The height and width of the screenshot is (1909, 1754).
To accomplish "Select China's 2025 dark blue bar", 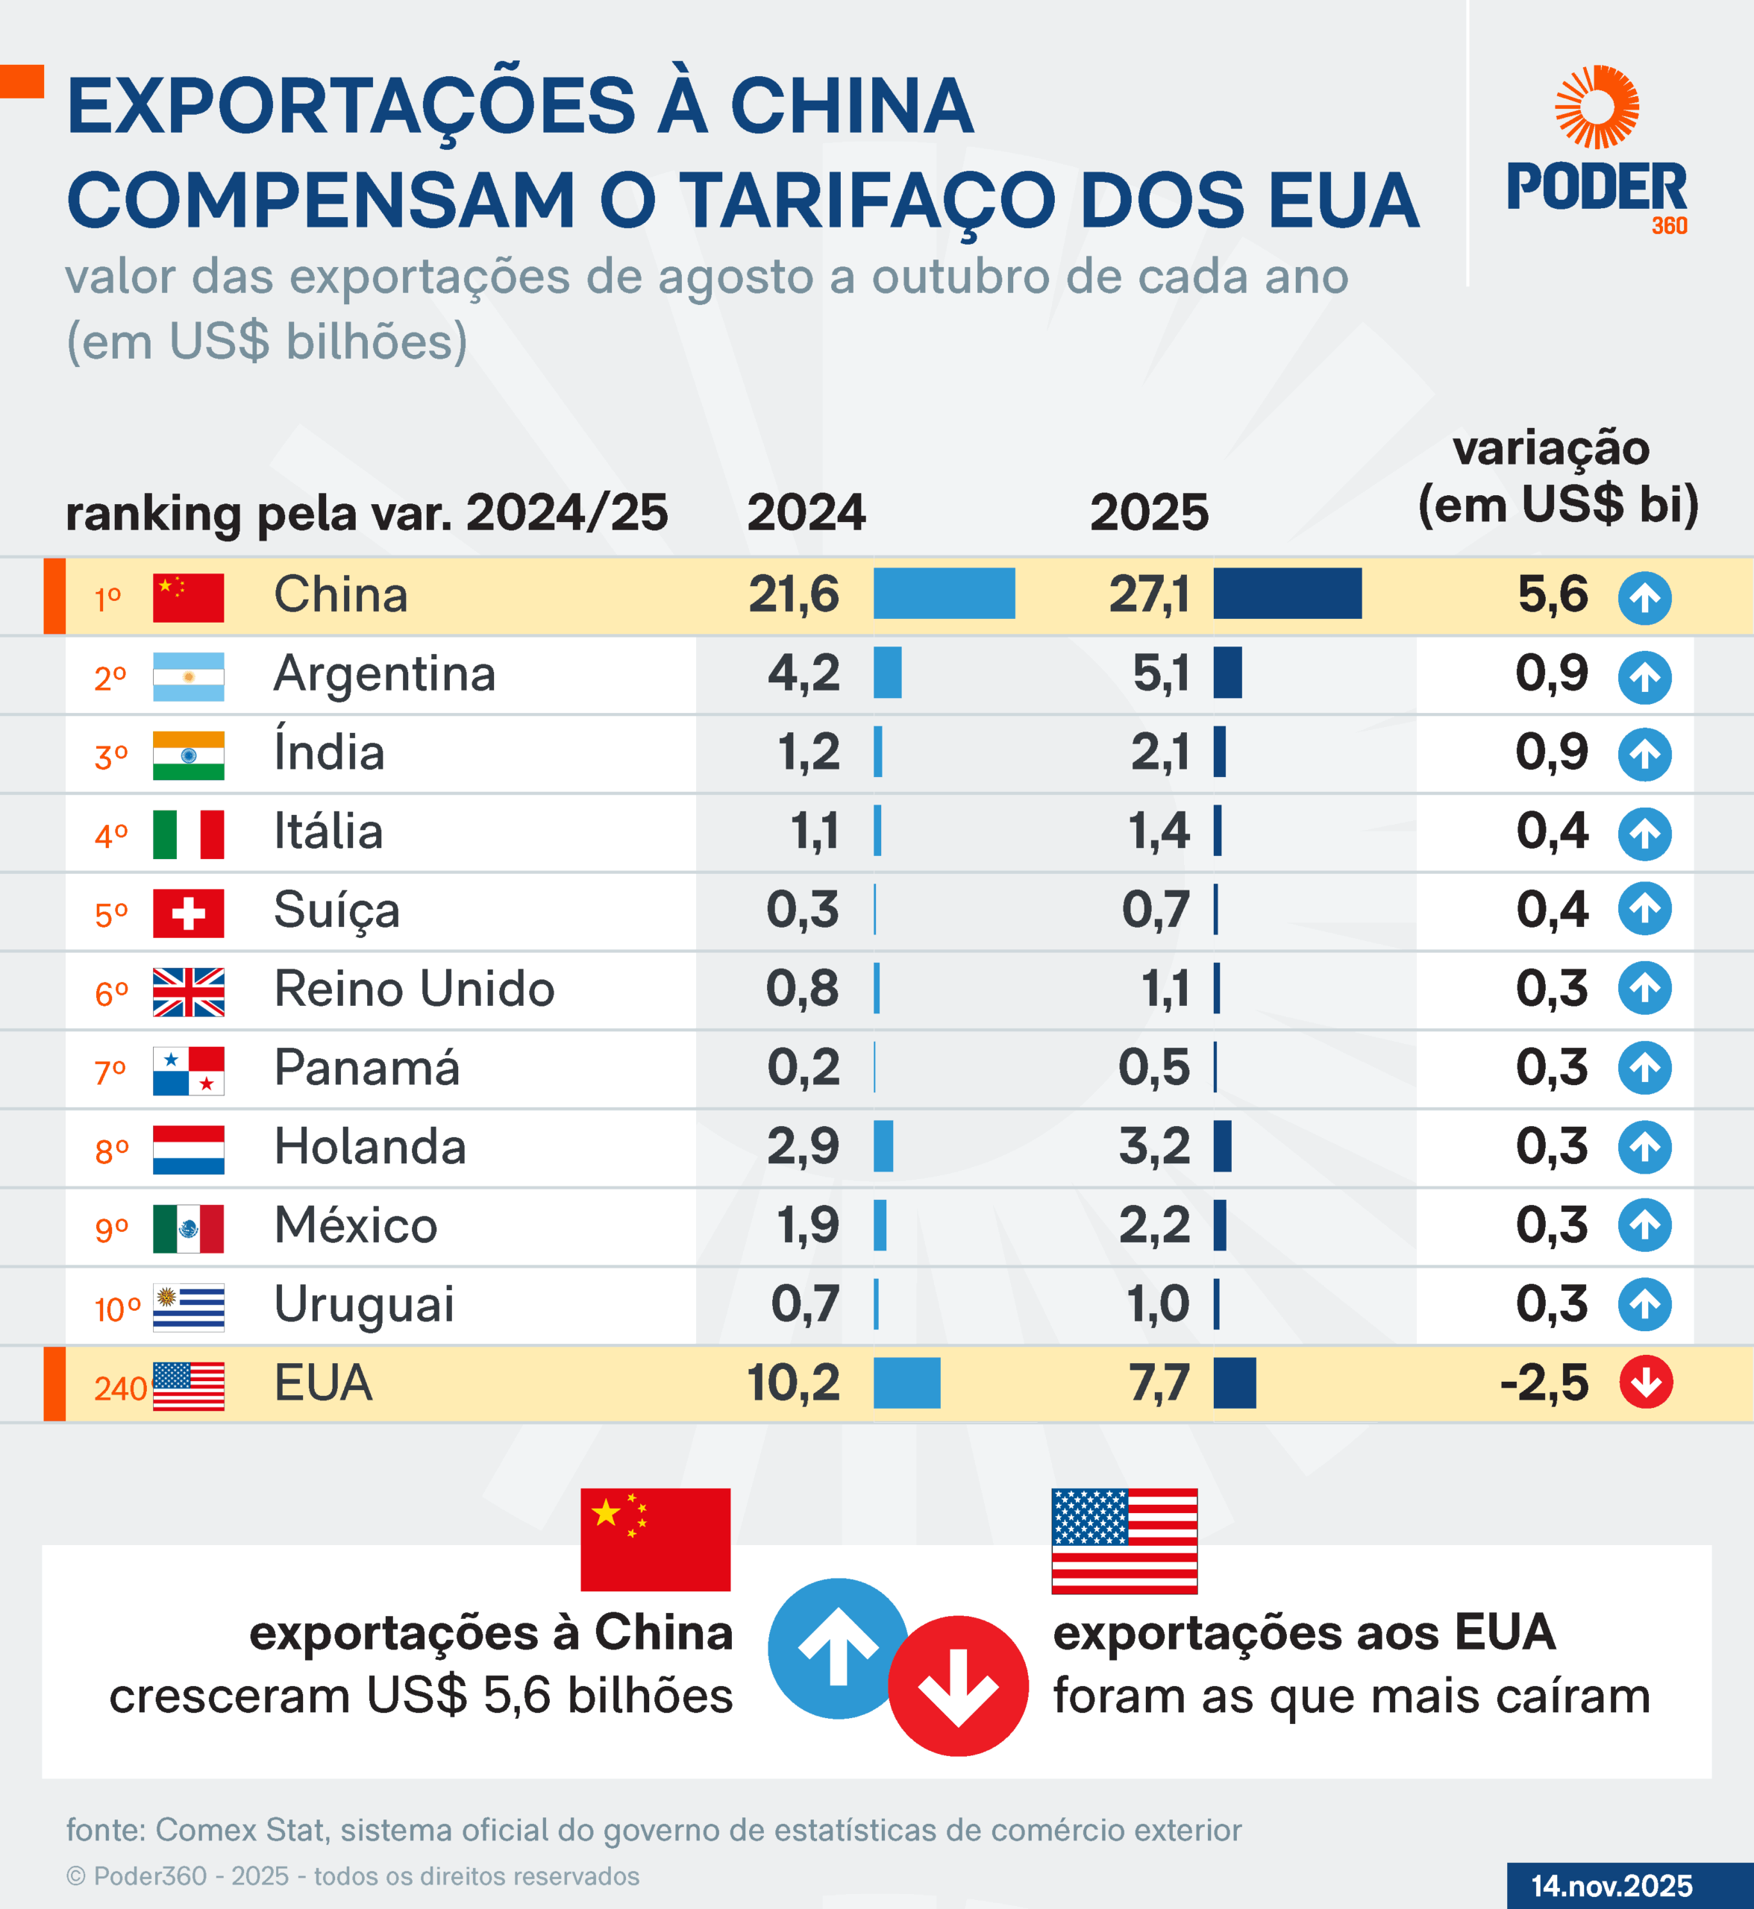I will (x=1286, y=594).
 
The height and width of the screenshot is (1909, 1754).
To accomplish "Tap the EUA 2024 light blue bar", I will (x=906, y=1383).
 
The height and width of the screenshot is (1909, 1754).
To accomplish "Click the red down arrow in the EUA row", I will (x=1646, y=1383).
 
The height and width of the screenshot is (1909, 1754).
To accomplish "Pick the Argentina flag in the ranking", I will (x=188, y=676).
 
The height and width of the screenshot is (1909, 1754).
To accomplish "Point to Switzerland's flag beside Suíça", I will (x=188, y=913).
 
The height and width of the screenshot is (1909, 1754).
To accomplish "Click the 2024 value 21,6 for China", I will (x=794, y=595).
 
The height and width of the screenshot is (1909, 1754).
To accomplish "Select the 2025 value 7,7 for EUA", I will (x=1159, y=1383).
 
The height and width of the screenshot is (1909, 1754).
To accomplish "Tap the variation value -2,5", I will (x=1544, y=1383).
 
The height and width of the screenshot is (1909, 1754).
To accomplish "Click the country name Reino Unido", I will (x=414, y=989).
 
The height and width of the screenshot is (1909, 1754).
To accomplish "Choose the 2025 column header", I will (x=1148, y=512).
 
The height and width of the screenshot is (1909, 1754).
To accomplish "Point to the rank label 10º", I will (x=116, y=1309).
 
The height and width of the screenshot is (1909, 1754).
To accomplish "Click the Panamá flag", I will (x=188, y=1070).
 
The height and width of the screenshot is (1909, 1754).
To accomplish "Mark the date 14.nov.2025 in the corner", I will (x=1612, y=1885).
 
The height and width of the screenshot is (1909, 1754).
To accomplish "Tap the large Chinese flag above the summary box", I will (x=655, y=1539).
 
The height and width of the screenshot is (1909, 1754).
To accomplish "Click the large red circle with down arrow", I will (x=958, y=1686).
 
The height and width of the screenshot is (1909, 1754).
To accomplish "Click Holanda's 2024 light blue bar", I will (x=883, y=1146).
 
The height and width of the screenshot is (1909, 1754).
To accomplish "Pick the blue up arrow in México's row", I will (x=1645, y=1225).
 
